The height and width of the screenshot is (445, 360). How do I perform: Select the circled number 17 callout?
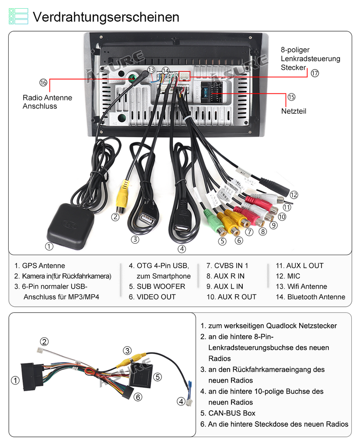point(314,73)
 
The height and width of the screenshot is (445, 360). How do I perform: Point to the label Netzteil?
point(294,111)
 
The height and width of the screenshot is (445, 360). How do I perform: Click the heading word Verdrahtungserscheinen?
point(106,17)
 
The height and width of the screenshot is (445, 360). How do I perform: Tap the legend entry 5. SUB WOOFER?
point(157,286)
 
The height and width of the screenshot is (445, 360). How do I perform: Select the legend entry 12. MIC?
point(287,276)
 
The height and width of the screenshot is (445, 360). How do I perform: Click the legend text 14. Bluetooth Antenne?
point(310,297)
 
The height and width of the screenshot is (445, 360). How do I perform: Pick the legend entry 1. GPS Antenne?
point(40,266)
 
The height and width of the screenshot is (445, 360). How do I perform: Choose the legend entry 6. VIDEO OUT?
point(152,297)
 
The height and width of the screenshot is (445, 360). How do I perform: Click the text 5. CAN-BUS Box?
point(228,413)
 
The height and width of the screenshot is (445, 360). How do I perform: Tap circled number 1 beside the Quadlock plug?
point(15,380)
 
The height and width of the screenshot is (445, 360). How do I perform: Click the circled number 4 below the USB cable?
point(182,249)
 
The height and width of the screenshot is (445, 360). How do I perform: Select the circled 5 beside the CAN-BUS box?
point(158,377)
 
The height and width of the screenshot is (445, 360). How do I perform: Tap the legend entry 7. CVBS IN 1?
point(227,266)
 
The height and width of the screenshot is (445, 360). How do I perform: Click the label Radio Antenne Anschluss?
point(47,102)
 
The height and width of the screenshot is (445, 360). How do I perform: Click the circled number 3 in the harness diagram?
point(127,351)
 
